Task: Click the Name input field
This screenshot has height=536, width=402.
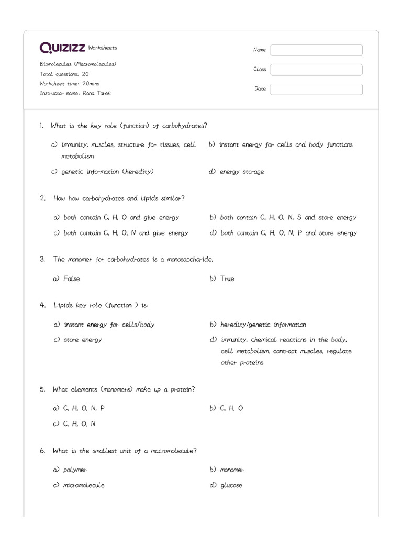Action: point(316,50)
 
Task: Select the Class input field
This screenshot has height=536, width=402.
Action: point(316,70)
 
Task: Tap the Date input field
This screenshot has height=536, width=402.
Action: point(316,90)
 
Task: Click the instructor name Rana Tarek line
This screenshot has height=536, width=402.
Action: point(75,93)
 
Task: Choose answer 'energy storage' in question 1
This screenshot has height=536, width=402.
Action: point(241,172)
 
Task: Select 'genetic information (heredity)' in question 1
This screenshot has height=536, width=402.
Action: point(107,172)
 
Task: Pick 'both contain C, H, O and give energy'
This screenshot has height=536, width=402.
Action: point(121,218)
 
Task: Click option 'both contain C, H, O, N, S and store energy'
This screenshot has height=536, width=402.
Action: point(288,218)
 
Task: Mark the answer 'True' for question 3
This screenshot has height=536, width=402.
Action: point(227,279)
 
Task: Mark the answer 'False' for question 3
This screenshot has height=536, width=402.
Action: point(71,279)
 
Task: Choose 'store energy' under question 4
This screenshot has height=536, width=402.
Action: point(83,340)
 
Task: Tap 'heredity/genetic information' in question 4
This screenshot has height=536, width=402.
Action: point(263,325)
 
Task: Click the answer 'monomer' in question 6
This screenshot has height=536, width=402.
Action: point(232,470)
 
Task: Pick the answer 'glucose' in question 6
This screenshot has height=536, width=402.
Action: point(231,485)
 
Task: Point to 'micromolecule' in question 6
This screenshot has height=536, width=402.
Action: point(84,485)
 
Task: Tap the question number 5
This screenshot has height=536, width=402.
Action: point(42,389)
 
